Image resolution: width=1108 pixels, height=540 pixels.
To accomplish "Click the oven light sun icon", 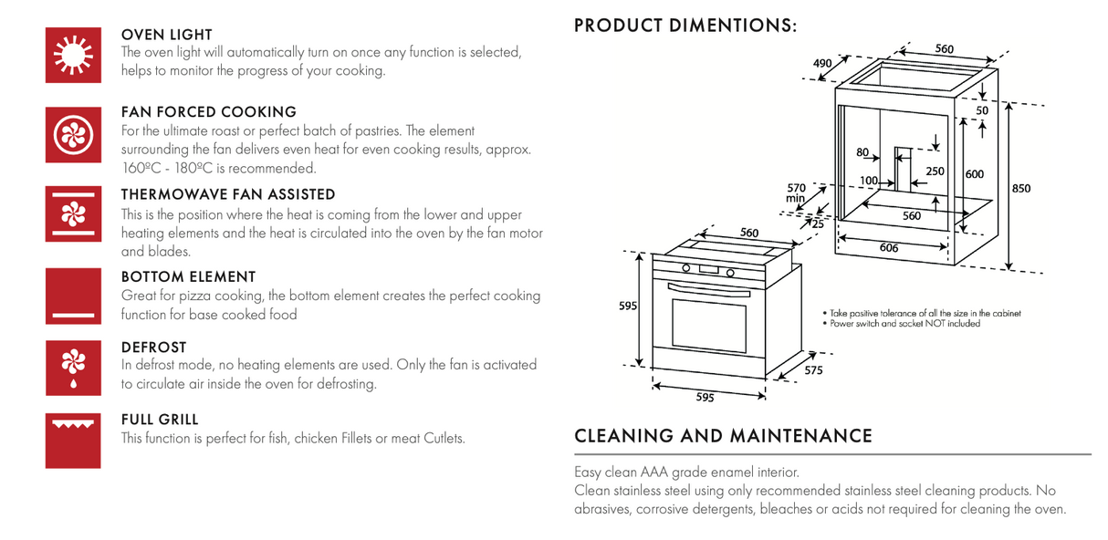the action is pyautogui.click(x=73, y=55).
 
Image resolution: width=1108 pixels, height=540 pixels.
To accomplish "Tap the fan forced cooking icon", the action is pyautogui.click(x=73, y=134).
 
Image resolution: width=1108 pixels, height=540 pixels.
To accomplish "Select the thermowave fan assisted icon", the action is pyautogui.click(x=73, y=213).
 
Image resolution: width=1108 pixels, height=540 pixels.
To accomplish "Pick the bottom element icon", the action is pyautogui.click(x=73, y=296).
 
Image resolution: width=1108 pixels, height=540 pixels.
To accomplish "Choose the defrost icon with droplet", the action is pyautogui.click(x=73, y=368).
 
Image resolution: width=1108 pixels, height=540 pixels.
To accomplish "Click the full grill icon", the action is pyautogui.click(x=73, y=441).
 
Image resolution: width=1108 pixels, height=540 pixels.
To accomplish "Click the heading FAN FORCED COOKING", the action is pyautogui.click(x=209, y=112).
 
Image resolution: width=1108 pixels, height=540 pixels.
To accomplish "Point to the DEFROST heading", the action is pyautogui.click(x=154, y=348).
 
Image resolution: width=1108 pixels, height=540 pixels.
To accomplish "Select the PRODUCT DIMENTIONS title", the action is pyautogui.click(x=685, y=26).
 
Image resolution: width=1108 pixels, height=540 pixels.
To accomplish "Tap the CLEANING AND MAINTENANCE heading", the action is pyautogui.click(x=723, y=436).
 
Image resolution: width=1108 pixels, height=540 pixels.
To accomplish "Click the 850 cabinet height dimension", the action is pyautogui.click(x=1021, y=189).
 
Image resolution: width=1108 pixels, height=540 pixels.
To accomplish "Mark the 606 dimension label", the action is pyautogui.click(x=889, y=247).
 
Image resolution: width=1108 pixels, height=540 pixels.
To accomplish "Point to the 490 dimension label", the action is pyautogui.click(x=822, y=63).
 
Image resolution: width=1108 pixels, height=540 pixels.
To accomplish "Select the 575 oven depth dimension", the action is pyautogui.click(x=813, y=370).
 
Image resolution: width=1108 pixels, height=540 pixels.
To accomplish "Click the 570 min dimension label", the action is pyautogui.click(x=796, y=192).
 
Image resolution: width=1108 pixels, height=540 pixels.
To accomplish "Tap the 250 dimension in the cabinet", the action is pyautogui.click(x=935, y=171).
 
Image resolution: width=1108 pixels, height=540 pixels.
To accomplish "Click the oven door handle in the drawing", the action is pyautogui.click(x=709, y=290).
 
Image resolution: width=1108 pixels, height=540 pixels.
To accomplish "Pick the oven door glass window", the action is pyautogui.click(x=709, y=326).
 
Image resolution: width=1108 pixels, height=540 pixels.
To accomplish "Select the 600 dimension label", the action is pyautogui.click(x=975, y=174).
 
